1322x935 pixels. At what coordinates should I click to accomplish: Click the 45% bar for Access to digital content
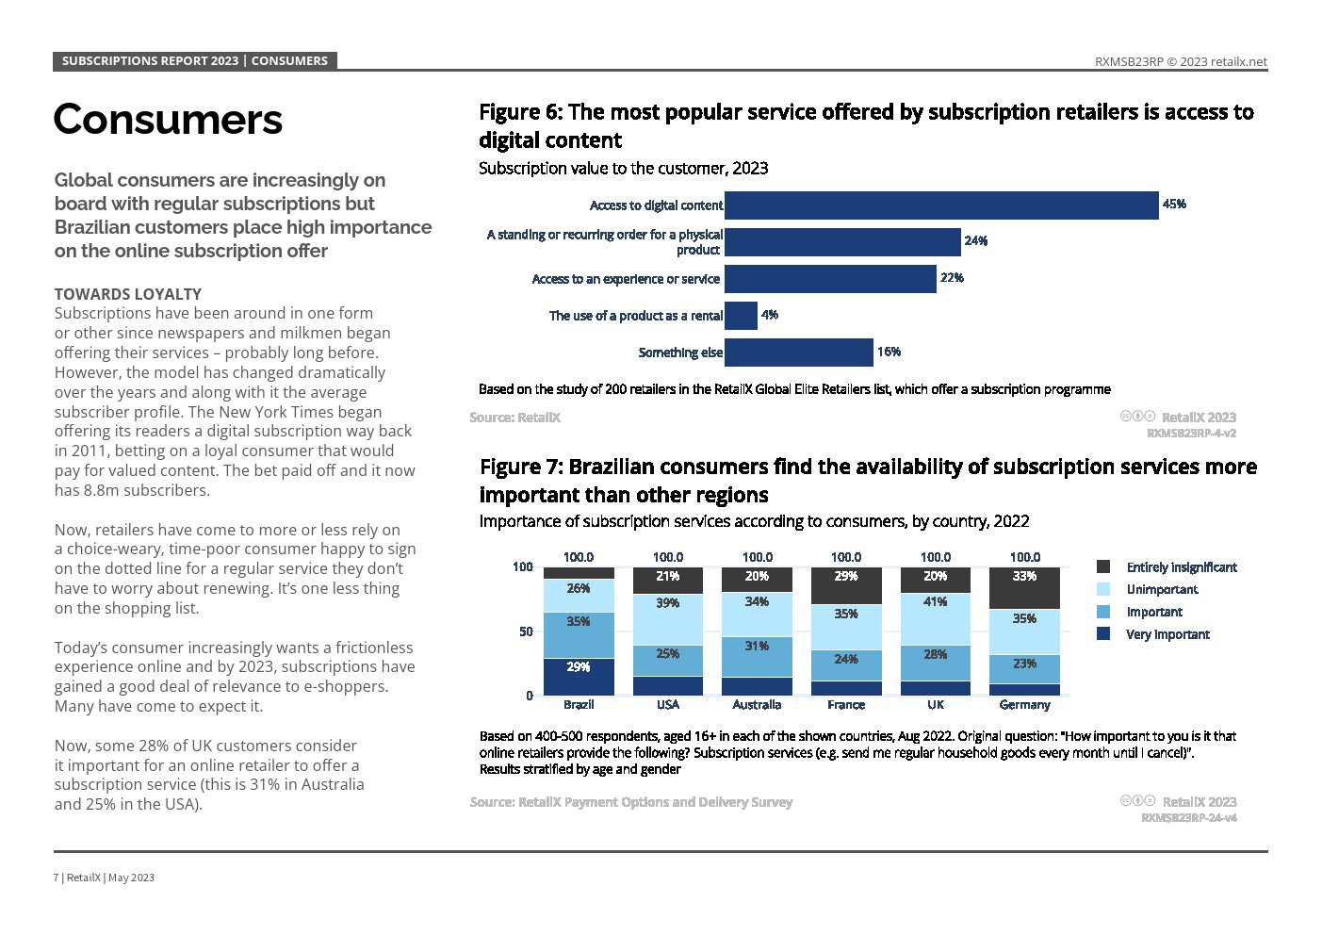click(x=940, y=205)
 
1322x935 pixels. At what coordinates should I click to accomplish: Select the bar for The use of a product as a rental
click(x=741, y=316)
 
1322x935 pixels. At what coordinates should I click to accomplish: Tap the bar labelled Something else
click(x=798, y=353)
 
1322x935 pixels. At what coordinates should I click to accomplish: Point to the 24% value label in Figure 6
click(x=975, y=241)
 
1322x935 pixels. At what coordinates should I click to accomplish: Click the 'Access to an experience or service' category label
click(x=626, y=279)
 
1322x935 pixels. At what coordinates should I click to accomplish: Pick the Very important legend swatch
click(x=1103, y=634)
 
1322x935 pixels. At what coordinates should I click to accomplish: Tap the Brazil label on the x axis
click(x=579, y=705)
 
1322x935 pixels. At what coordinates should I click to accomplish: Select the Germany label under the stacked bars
click(x=1024, y=705)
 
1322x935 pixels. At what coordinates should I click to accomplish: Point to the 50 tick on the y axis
click(x=526, y=632)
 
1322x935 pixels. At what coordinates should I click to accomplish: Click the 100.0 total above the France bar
click(x=846, y=557)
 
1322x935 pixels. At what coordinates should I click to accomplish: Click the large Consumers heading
click(x=168, y=120)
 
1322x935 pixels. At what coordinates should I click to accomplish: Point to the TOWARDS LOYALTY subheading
click(x=128, y=294)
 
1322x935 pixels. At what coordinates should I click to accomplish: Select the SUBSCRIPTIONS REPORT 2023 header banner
click(x=194, y=61)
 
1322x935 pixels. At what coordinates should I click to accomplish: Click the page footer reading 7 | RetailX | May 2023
click(x=104, y=878)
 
